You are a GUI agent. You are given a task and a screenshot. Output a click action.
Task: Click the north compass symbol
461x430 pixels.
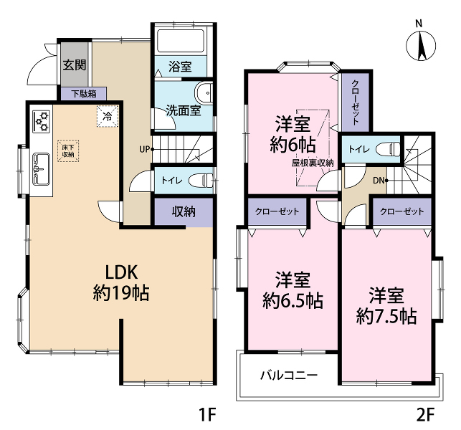[x=421, y=46]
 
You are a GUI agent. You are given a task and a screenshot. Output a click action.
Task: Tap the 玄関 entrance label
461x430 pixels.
[x=75, y=64]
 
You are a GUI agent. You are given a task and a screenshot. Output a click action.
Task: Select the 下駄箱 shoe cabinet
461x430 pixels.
[x=84, y=94]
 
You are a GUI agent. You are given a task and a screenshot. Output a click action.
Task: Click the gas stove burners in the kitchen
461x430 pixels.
[x=42, y=121]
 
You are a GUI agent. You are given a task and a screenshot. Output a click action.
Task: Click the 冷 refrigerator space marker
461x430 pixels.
[x=108, y=116]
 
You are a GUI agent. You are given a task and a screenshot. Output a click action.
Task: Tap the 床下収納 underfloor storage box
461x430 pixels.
[x=68, y=150]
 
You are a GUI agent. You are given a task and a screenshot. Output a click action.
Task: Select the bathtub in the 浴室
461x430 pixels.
[x=181, y=41]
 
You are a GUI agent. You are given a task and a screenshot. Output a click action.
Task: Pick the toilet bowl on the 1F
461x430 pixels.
[x=201, y=181]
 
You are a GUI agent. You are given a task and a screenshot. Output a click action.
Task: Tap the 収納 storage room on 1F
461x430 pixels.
[x=184, y=212]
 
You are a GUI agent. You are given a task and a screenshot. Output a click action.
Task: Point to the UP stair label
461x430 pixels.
[x=145, y=149]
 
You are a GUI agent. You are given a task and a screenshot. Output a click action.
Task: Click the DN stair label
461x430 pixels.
[x=379, y=181]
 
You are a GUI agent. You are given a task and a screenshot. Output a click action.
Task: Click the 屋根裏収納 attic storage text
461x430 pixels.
[x=313, y=163]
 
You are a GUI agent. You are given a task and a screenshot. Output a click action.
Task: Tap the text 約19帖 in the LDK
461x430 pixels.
[x=121, y=292]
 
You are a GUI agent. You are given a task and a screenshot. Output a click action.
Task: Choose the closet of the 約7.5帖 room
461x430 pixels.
[x=402, y=211]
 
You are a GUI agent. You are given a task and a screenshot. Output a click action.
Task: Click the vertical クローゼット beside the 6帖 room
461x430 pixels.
[x=355, y=102]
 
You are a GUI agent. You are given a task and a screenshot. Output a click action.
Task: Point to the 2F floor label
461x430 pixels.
[x=425, y=414]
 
